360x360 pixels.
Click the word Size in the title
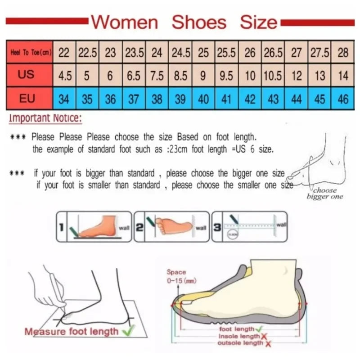click(x=258, y=22)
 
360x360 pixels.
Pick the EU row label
click(x=27, y=98)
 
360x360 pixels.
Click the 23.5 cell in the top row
click(x=134, y=53)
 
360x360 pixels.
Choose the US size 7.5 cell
click(x=157, y=76)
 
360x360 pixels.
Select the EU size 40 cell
click(x=203, y=99)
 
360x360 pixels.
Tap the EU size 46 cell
click(x=343, y=99)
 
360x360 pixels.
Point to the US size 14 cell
click(x=343, y=76)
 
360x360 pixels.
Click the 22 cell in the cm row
click(x=64, y=53)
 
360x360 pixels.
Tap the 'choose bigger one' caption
click(x=325, y=193)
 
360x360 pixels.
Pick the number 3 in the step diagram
click(x=217, y=227)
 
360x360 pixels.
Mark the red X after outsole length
click(x=268, y=344)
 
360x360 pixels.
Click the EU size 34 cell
click(x=64, y=99)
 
